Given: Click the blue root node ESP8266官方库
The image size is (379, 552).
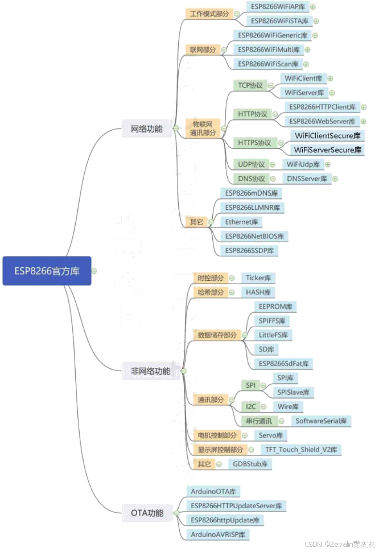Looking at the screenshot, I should tap(47, 271).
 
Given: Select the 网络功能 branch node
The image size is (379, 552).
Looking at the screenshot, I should tap(147, 129).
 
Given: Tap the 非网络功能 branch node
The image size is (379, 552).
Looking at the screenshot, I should tap(150, 371).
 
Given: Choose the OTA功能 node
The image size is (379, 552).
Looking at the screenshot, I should tap(147, 513).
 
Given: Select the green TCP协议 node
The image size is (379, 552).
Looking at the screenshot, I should tap(250, 86).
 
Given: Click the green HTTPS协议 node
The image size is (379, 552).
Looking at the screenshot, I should tap(254, 143).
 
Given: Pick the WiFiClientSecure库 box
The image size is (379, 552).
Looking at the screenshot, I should tap(327, 136).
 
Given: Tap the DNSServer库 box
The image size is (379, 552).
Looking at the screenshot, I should tap(307, 179).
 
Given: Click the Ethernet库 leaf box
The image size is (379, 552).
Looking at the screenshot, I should tap(241, 222).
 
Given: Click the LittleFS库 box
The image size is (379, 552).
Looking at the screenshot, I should tap(273, 335).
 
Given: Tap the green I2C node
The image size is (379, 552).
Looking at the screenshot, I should tap(252, 406).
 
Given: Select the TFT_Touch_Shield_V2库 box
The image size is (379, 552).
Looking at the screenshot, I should tap(301, 450).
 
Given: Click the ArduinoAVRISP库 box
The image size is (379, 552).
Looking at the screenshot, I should tap(218, 534).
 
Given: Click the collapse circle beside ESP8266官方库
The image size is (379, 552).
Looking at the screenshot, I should tap(94, 271).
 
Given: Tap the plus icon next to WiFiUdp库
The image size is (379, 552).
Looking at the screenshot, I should tap(327, 164).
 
